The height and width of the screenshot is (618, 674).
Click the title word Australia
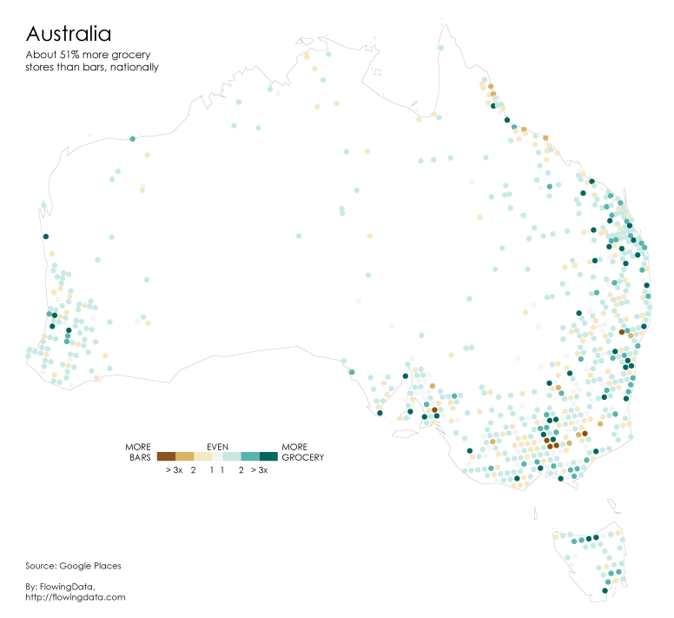point(69,34)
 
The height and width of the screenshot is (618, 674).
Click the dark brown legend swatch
point(166,456)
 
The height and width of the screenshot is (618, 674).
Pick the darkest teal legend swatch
point(268,456)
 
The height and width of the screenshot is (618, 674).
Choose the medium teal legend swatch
point(249,456)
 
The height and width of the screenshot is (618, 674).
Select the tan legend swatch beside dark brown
point(184,456)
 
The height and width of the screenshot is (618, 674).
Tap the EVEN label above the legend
point(217,447)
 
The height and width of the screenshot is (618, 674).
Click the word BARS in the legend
point(140,457)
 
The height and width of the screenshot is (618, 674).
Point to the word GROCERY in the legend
point(302,457)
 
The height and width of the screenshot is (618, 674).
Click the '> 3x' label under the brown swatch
point(174,470)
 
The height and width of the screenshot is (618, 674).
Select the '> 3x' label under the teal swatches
point(259,470)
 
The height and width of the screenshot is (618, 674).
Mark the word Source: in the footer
point(42,566)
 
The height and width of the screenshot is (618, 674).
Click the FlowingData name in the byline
point(67,587)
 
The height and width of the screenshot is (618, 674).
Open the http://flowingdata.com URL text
point(76,597)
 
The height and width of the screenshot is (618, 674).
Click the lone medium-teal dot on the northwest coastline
point(132,139)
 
